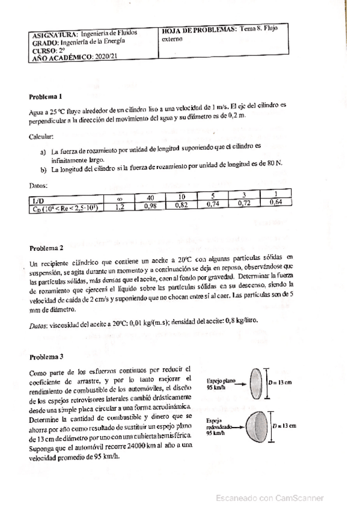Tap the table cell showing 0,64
[276, 201]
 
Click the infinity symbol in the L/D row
[121, 198]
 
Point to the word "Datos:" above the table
[38, 186]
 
